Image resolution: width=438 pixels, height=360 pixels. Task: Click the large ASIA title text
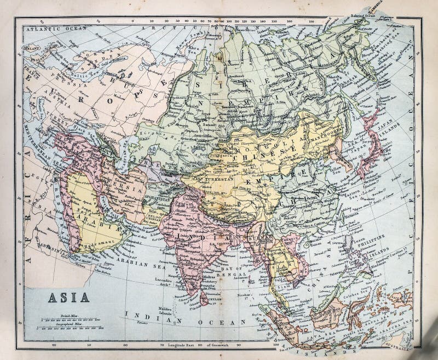[x=64, y=300]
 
